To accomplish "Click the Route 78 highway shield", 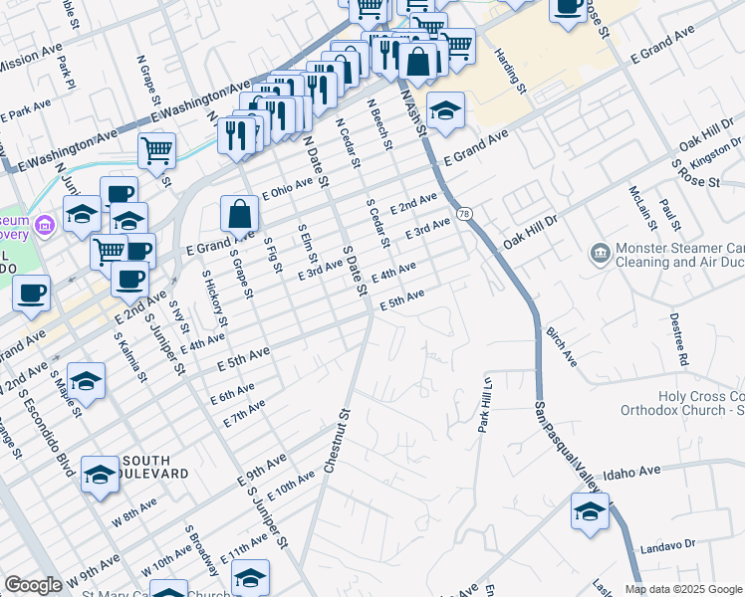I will [464, 214].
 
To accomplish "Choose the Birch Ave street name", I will [561, 342].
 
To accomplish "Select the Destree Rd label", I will [676, 336].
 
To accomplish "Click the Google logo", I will [33, 585].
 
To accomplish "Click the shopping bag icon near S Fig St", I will [240, 213].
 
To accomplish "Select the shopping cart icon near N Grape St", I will [157, 151].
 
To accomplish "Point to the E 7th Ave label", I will [244, 414].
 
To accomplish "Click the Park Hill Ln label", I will [486, 404].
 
